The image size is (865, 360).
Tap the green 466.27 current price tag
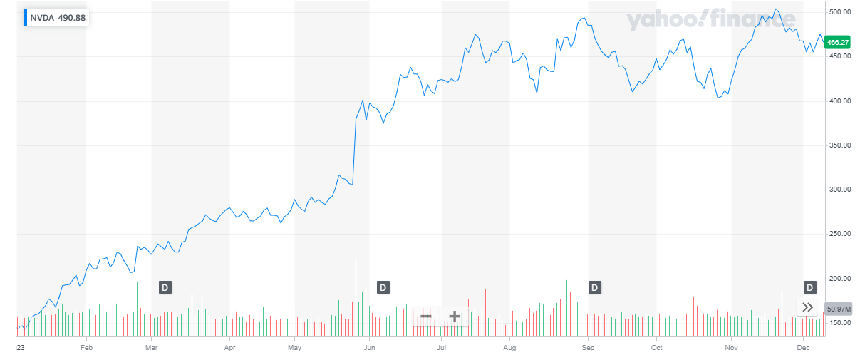pos(836,43)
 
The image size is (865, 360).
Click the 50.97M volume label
pos(838,309)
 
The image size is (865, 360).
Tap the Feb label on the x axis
pos(87,348)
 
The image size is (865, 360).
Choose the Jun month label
pos(369,348)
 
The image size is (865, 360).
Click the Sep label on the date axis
pos(588,348)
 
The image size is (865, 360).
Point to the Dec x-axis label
pos(803,348)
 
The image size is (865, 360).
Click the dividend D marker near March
pos(165,287)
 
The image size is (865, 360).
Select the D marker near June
pos(383,287)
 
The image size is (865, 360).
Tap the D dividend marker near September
pos(594,287)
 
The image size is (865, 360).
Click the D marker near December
pos(809,287)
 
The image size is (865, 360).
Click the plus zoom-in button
pos(454,316)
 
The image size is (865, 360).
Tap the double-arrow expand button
pos(807,307)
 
